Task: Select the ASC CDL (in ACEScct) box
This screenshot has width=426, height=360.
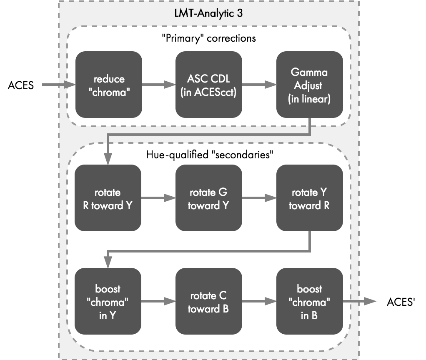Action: (x=209, y=85)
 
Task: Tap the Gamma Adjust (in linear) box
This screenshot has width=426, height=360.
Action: (x=310, y=85)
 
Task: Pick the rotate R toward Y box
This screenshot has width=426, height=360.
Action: (x=108, y=198)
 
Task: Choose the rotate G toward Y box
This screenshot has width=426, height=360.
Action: (x=209, y=198)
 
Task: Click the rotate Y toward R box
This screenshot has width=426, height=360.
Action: (x=310, y=198)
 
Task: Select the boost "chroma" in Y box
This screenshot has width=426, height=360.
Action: (x=108, y=301)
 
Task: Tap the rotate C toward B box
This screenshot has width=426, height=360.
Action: (x=209, y=301)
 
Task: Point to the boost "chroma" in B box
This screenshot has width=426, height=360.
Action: (x=310, y=301)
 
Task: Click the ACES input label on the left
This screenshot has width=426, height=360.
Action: (x=20, y=86)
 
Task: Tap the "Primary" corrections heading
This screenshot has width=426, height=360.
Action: (x=208, y=38)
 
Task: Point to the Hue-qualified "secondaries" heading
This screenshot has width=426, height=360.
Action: (x=208, y=154)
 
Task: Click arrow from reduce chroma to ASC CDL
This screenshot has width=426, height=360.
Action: (x=158, y=85)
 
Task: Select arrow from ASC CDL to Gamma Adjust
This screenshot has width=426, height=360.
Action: (x=259, y=85)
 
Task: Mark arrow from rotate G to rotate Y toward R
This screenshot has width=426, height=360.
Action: (x=259, y=198)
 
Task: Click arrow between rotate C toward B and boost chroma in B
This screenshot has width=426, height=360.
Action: (x=259, y=301)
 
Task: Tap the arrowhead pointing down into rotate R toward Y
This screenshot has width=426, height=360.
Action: (x=108, y=159)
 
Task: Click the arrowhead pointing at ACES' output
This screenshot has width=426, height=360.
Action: (x=369, y=301)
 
